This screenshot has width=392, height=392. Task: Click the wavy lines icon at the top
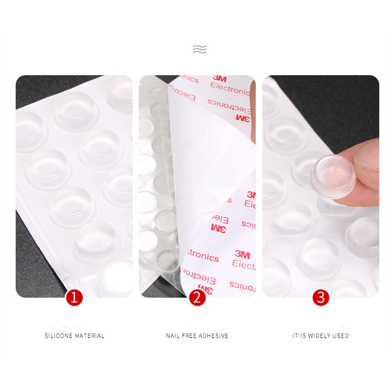point(199,49)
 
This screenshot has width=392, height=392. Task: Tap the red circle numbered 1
point(74,297)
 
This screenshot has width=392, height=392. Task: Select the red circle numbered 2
point(197,297)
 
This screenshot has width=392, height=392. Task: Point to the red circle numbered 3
point(321,297)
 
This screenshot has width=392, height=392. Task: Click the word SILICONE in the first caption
point(59,336)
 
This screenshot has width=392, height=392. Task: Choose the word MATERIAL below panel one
point(90,336)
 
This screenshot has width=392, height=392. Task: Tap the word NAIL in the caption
point(173,336)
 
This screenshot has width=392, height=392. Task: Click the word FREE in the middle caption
point(191,336)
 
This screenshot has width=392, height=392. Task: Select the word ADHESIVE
point(214,336)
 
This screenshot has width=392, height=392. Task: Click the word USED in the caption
point(342,336)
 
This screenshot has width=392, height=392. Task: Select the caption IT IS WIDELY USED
point(320,336)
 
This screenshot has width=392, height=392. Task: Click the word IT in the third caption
point(295,336)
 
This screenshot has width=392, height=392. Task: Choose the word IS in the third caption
point(304,336)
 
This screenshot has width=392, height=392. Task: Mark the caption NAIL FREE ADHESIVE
point(197,336)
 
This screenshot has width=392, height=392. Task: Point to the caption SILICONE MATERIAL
point(74,336)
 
